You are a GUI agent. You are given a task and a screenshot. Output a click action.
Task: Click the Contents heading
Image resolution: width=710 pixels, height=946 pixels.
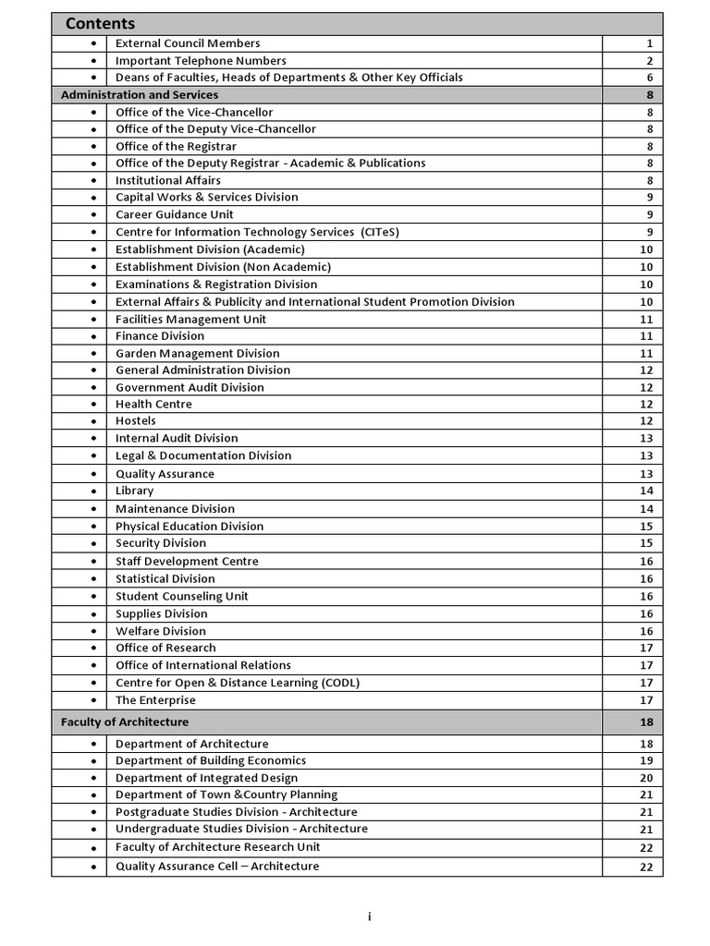point(100,24)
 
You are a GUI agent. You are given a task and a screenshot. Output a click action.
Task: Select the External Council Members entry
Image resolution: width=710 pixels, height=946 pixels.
point(188,43)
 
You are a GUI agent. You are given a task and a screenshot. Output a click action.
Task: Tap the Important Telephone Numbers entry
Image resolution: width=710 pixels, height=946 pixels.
point(201,61)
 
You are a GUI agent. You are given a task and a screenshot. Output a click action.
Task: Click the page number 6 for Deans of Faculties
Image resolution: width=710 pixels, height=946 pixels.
point(650,78)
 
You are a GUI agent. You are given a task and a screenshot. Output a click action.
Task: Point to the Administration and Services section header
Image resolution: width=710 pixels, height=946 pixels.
point(140,95)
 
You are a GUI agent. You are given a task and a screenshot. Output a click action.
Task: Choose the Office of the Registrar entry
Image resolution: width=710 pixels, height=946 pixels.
point(176,146)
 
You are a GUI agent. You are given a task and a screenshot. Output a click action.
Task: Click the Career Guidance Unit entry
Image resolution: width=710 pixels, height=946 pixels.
point(175,214)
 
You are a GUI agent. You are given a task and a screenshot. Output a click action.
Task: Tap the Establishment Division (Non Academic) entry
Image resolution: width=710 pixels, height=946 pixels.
point(223,267)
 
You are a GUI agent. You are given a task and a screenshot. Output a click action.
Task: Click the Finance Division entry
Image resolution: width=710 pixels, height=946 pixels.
point(160,336)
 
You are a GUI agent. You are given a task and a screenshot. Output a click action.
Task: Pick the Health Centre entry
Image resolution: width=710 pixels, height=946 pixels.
point(153,405)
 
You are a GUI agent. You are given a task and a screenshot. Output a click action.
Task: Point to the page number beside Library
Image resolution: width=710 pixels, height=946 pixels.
point(646,491)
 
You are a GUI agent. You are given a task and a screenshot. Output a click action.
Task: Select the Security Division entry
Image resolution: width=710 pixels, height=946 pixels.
point(161,543)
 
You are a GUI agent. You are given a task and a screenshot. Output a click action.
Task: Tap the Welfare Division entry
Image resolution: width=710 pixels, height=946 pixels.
point(161,631)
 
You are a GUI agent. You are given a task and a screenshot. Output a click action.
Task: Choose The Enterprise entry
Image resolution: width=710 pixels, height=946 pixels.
point(155,700)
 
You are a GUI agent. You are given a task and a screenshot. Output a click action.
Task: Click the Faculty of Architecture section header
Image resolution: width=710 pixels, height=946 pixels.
point(125,722)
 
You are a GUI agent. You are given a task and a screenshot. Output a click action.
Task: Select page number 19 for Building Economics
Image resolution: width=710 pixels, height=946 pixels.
point(646,761)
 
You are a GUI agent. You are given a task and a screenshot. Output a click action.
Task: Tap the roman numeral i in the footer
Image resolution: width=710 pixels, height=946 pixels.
point(369,916)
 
